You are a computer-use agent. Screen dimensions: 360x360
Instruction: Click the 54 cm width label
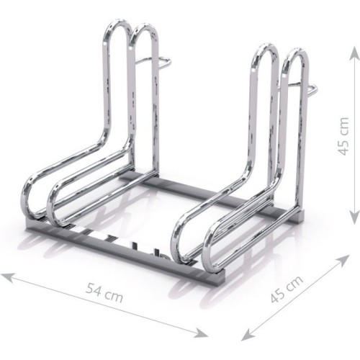[104, 293]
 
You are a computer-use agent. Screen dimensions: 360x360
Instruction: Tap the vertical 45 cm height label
[343, 136]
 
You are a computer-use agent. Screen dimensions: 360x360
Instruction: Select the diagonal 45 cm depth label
[287, 289]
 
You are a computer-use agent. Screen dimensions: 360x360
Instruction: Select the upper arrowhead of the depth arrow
[343, 260]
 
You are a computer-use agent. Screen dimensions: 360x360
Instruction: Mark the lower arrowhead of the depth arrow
[247, 336]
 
